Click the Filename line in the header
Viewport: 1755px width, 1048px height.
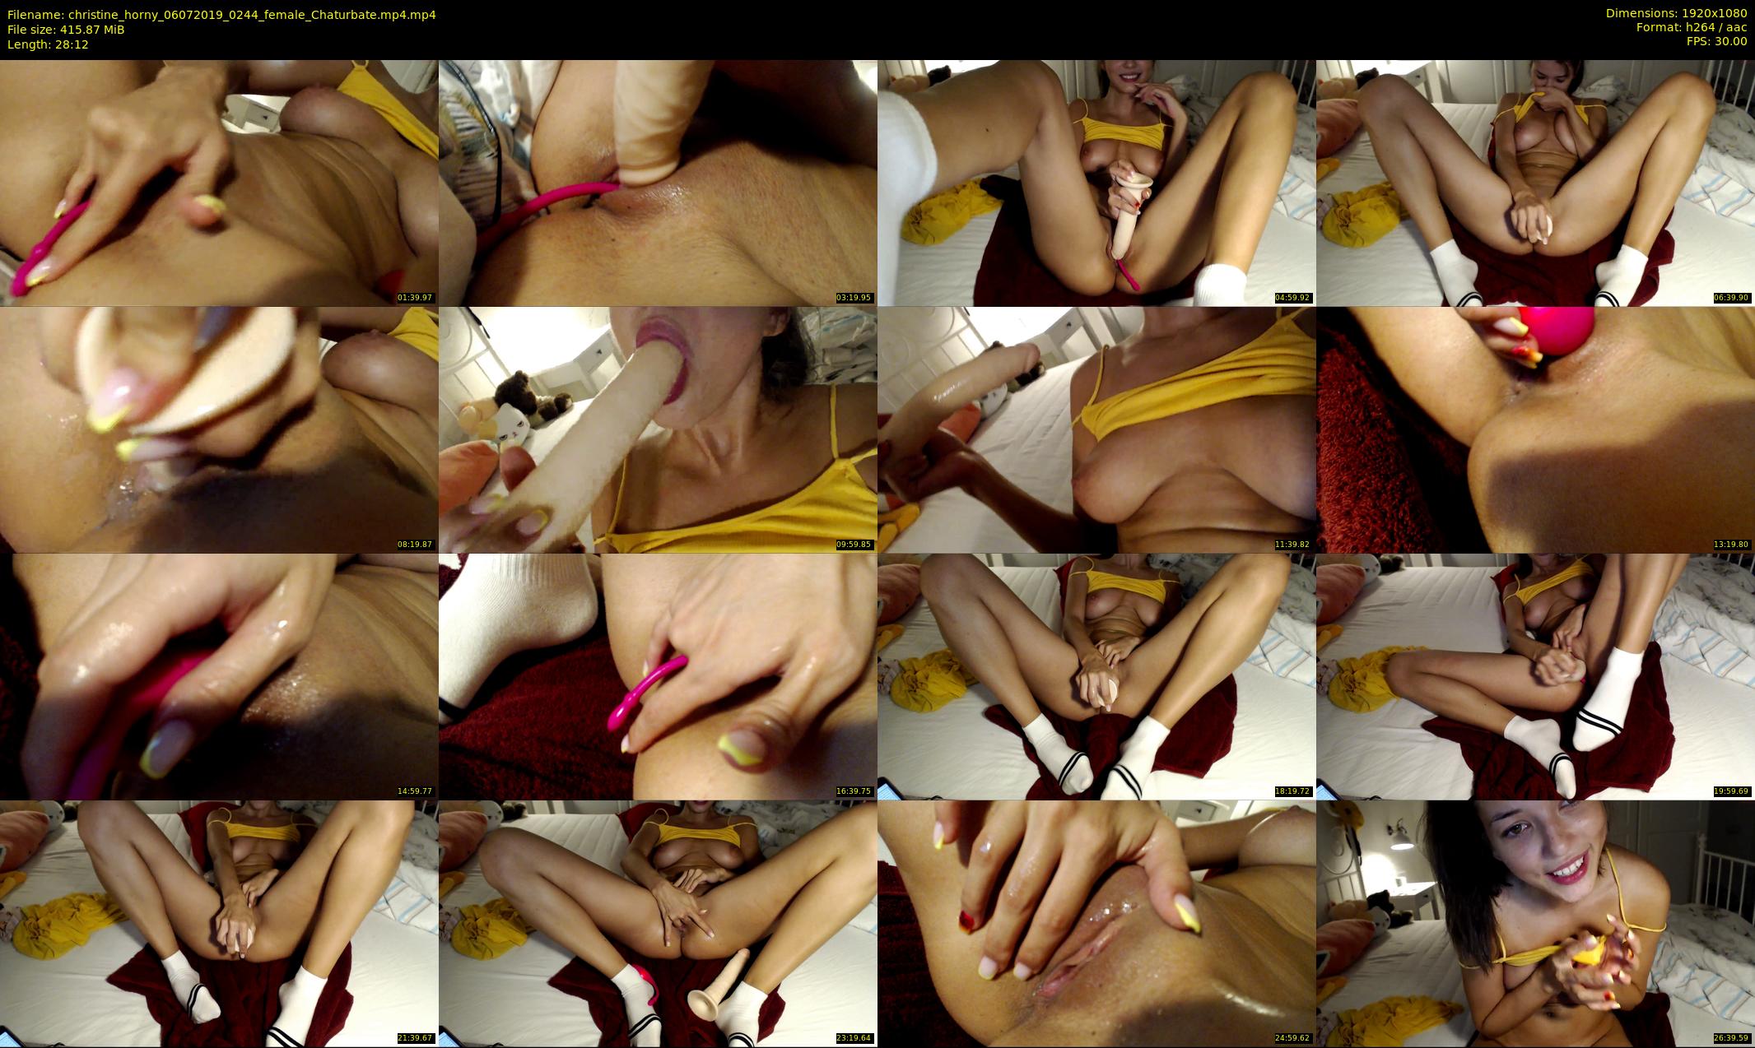(221, 15)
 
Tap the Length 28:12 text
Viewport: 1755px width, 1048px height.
(48, 44)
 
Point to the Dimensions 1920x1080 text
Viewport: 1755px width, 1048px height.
(1676, 13)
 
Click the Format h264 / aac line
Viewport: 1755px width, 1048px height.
(1692, 27)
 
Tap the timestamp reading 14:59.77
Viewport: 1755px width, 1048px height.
(415, 791)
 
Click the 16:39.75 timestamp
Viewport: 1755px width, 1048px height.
(854, 791)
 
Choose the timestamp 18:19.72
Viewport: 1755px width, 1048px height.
(1292, 791)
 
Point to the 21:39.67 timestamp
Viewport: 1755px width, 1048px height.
(415, 1038)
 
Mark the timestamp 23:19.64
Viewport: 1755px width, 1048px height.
(854, 1038)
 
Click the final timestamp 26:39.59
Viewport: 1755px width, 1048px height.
(1731, 1038)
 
